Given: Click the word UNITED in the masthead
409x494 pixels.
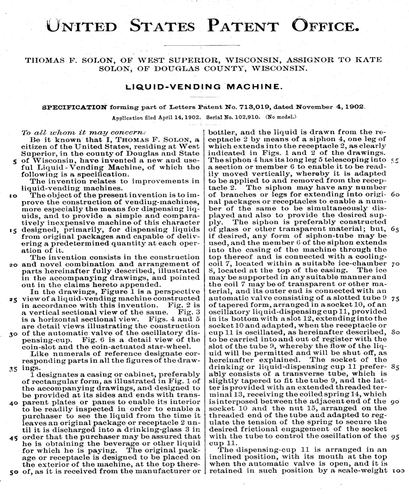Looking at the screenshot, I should click(x=82, y=25).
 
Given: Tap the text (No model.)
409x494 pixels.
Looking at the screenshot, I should click(x=281, y=117).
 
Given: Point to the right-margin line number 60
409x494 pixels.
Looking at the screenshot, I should click(x=395, y=194).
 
